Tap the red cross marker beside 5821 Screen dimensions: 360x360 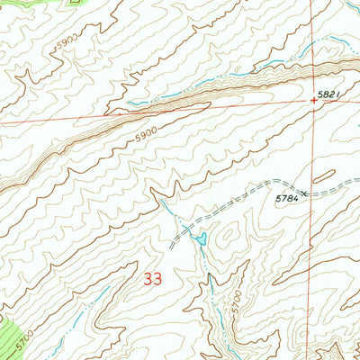tap(314, 101)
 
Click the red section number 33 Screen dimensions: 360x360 tap(153, 280)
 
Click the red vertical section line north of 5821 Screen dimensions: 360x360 tap(314, 45)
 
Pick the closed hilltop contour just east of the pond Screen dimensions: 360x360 tap(229, 236)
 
